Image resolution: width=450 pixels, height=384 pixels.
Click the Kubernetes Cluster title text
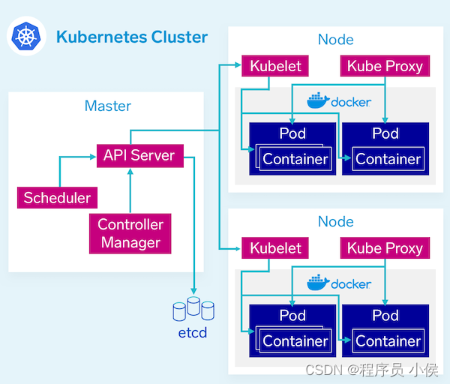point(132,37)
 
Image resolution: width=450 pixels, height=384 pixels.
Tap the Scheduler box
point(57,198)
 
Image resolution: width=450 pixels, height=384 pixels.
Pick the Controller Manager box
point(130,233)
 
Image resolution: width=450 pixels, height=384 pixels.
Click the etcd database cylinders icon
point(193,309)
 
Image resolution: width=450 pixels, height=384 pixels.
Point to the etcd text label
point(193,332)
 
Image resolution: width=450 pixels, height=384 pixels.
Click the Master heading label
point(108,106)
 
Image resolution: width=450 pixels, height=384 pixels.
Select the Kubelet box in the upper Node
point(275,66)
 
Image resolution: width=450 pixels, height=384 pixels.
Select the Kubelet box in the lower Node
point(275,248)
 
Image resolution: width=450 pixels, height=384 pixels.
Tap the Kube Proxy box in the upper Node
point(385,66)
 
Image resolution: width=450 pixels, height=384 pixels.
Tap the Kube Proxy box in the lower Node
point(385,248)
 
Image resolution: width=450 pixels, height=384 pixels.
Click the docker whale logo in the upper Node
point(318,100)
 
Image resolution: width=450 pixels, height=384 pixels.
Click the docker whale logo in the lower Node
point(318,283)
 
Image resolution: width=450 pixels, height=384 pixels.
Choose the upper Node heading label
point(335,40)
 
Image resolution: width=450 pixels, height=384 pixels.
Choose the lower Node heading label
point(335,222)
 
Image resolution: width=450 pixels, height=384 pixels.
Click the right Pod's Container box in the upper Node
point(388,159)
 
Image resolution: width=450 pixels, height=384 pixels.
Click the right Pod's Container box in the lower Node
point(388,341)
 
